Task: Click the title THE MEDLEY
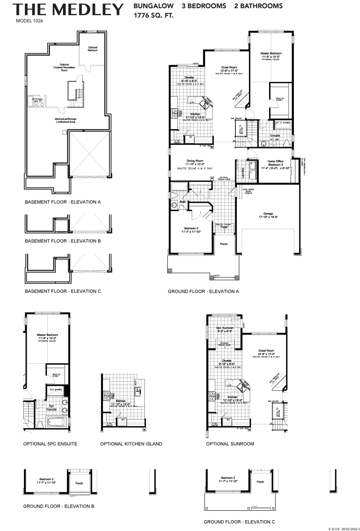tap(67, 9)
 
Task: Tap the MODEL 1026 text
tap(29, 21)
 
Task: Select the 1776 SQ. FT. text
tap(153, 16)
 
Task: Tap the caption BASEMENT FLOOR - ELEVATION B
tap(63, 241)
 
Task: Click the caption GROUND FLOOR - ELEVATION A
tap(203, 291)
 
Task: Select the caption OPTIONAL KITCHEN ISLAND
tap(131, 444)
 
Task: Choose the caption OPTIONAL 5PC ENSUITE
tap(50, 444)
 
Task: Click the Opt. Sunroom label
tap(225, 328)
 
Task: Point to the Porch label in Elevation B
tap(79, 484)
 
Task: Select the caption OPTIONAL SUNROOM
tap(230, 444)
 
